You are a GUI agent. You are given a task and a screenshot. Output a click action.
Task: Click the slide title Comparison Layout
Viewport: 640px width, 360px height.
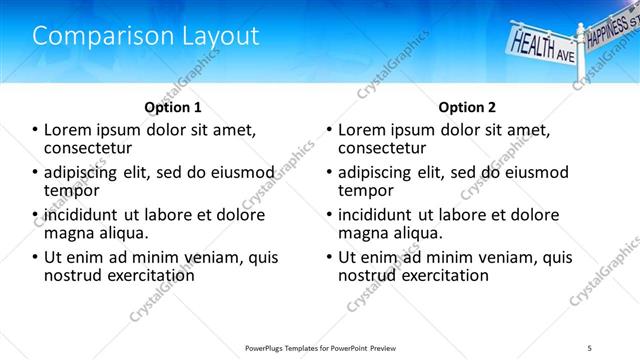point(146,36)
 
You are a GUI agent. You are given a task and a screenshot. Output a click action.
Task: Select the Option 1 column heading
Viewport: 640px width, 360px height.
point(173,107)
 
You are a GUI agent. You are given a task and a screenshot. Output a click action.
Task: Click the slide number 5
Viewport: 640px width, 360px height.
point(590,347)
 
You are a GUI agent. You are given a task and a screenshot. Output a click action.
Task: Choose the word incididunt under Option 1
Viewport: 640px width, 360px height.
point(76,214)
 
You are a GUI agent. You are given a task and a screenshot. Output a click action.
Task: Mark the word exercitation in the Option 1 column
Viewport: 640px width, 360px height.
point(143,274)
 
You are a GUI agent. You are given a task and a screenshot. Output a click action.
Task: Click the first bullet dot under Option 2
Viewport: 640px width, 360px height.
point(330,130)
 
